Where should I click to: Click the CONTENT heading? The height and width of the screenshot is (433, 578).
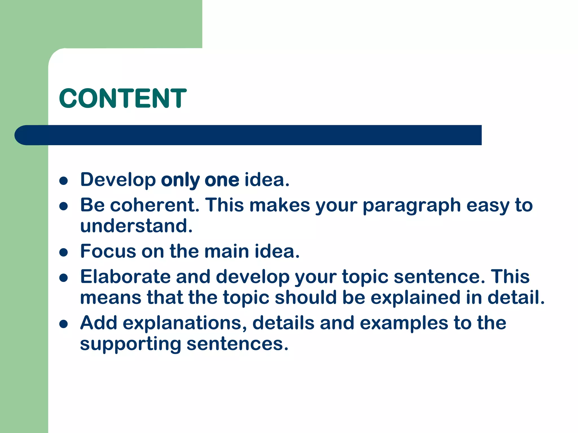(123, 98)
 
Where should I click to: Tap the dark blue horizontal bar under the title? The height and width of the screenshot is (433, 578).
(248, 135)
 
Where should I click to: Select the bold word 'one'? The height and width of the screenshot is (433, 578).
(222, 180)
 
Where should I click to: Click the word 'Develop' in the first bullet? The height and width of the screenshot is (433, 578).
(118, 180)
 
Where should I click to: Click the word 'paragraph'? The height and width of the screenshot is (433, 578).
(412, 206)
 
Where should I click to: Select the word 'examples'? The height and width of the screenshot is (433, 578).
(404, 323)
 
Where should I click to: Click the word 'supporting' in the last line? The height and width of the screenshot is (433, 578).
(130, 344)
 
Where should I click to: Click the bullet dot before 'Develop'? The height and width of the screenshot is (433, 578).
(64, 181)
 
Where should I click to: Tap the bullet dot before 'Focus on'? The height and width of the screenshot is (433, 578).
(64, 252)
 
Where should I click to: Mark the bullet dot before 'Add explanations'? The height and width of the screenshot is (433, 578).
(64, 324)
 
